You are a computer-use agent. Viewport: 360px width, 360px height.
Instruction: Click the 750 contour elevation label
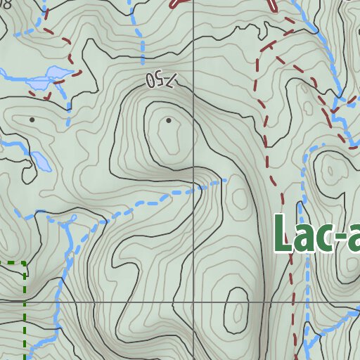click(x=159, y=80)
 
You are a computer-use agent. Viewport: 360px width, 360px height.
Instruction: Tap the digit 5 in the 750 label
click(x=159, y=80)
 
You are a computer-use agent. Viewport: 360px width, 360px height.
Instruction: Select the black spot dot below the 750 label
click(x=169, y=121)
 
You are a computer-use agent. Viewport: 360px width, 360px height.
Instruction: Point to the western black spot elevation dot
click(x=32, y=120)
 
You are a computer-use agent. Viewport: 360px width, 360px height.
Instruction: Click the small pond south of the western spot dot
click(x=41, y=162)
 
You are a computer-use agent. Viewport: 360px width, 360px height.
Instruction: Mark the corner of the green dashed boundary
click(x=25, y=264)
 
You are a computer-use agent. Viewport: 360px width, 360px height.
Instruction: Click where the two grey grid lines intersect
click(x=194, y=302)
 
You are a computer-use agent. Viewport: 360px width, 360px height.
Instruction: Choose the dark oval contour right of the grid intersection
click(x=238, y=309)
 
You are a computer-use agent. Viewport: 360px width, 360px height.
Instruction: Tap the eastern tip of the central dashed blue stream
click(x=226, y=181)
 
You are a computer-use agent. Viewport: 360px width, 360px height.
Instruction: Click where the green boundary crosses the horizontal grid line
click(x=25, y=302)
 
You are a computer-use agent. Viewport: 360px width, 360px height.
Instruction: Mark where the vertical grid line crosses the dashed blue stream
click(x=194, y=189)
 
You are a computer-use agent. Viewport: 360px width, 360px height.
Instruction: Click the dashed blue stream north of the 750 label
click(x=140, y=42)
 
